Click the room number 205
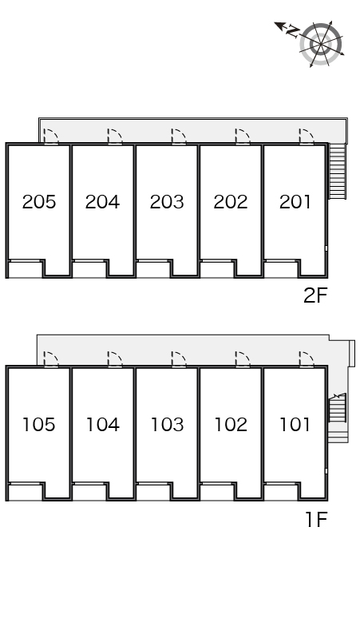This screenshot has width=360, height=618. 39,202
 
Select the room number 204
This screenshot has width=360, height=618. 102,202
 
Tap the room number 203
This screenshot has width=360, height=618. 167,202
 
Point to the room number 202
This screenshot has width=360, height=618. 231,202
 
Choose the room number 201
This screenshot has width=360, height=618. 295,202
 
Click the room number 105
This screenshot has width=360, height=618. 39,425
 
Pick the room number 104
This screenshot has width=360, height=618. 102,425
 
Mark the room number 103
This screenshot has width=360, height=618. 167,425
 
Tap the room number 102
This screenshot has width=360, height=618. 231,425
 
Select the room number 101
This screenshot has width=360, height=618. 295,425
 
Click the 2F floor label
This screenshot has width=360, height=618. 315,295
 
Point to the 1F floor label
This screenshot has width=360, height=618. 317,520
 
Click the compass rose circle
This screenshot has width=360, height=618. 321,44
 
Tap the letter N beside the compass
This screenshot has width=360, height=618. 292,30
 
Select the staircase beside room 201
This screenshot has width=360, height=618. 337,171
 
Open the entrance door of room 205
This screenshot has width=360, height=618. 51,137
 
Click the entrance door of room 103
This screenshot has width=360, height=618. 179,360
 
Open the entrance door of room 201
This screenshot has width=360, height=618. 307,137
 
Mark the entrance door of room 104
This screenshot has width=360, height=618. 115,360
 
